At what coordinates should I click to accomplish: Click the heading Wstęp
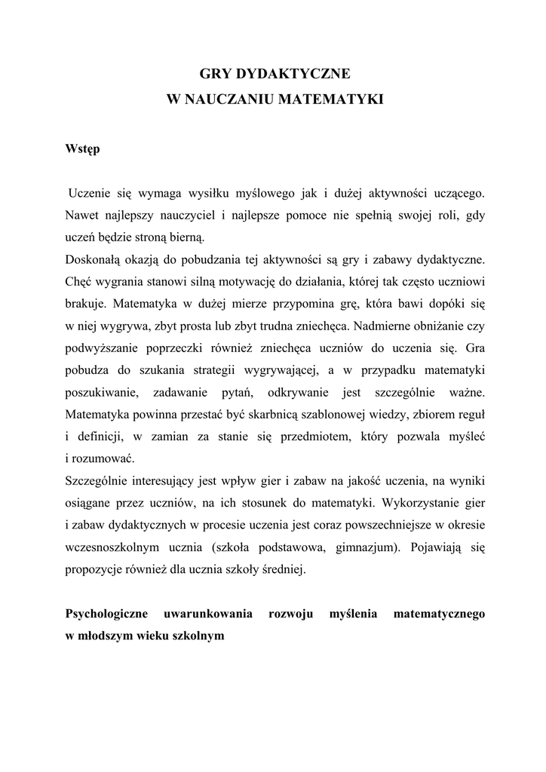[x=83, y=149]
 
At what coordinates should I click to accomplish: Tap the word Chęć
[x=81, y=283]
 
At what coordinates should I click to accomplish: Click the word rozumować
[x=103, y=458]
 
